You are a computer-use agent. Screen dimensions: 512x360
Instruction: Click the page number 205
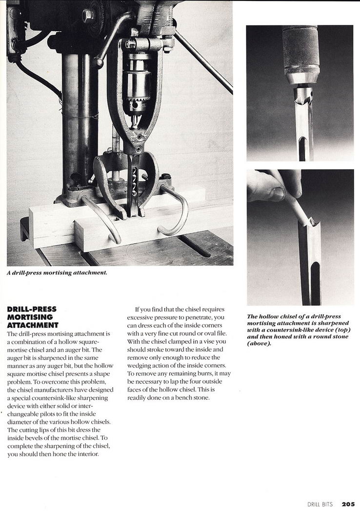(x=348, y=504)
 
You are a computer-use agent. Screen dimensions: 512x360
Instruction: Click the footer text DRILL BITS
(x=320, y=504)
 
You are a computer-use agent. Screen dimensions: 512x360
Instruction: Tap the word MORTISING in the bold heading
(x=27, y=317)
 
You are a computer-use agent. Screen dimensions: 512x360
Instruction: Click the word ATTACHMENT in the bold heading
(x=33, y=325)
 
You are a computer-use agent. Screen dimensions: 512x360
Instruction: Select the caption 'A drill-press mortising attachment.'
(x=57, y=273)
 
